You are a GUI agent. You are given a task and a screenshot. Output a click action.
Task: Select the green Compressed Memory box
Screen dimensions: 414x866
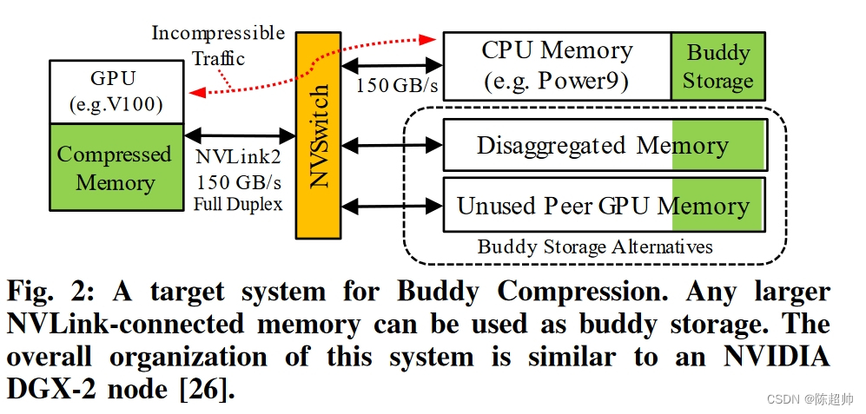tap(114, 168)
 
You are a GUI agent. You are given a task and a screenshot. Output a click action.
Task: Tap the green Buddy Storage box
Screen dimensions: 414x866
tap(717, 66)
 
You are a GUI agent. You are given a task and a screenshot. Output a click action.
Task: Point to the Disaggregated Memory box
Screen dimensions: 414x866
tap(603, 145)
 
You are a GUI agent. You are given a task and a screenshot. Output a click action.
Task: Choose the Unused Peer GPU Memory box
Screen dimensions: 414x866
tap(603, 206)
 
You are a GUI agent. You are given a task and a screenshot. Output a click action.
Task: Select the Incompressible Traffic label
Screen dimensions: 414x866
tap(218, 46)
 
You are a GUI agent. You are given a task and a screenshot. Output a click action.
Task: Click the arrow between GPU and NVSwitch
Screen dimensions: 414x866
tap(240, 135)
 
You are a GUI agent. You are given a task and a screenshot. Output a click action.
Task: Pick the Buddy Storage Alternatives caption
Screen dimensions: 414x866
tap(595, 247)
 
